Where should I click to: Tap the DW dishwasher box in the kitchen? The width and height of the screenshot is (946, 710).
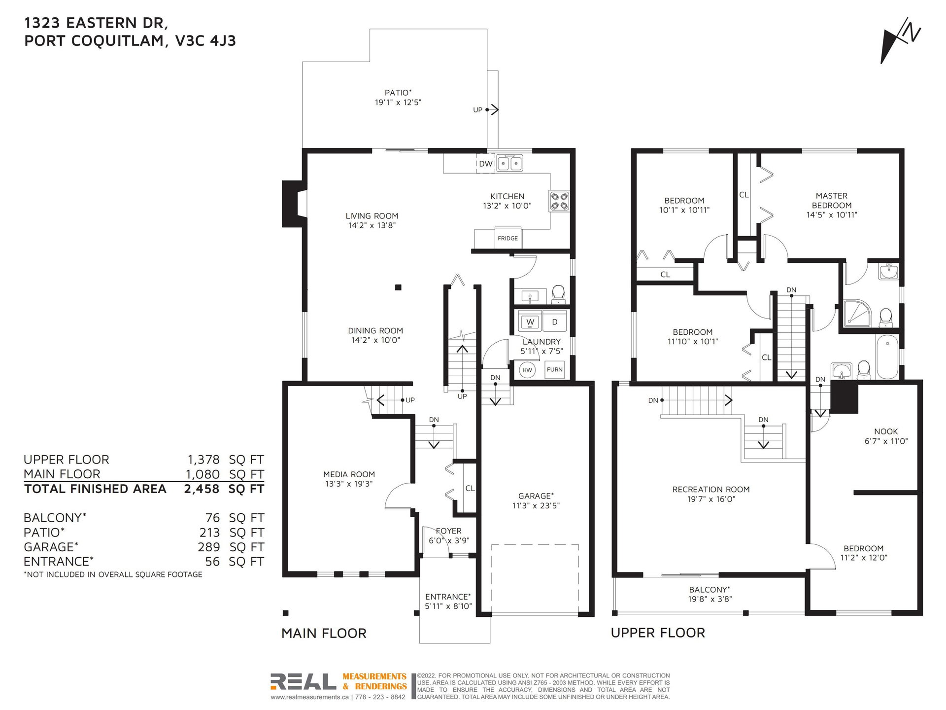click(x=485, y=164)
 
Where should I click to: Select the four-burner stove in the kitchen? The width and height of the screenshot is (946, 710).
click(x=559, y=201)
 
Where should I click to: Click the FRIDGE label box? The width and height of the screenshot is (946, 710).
click(x=507, y=238)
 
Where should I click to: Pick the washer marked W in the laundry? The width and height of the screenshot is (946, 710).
click(x=530, y=322)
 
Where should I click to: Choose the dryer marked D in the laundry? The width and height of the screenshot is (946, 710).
click(x=554, y=322)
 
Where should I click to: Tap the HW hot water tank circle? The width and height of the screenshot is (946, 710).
click(x=527, y=370)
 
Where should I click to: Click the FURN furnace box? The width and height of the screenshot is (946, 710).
click(x=554, y=369)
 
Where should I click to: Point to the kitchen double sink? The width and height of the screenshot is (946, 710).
click(x=509, y=163)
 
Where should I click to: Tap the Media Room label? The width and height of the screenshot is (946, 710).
click(x=349, y=474)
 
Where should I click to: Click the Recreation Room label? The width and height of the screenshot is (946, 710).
click(x=711, y=490)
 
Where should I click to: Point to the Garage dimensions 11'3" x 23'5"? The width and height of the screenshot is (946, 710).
click(x=536, y=505)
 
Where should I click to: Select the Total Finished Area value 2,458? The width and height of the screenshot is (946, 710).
click(x=202, y=489)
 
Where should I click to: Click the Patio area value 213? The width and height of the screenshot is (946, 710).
click(x=209, y=533)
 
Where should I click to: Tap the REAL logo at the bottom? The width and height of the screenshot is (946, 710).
click(x=303, y=682)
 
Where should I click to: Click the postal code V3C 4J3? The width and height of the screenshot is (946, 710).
click(x=205, y=40)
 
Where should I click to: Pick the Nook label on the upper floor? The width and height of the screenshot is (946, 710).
click(x=886, y=431)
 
